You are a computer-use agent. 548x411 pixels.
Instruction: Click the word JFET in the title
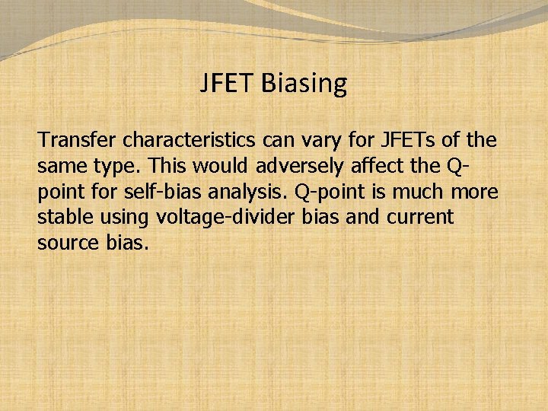227,83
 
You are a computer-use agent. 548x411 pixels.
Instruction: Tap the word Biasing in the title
304,84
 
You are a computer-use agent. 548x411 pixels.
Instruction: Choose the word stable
63,217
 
